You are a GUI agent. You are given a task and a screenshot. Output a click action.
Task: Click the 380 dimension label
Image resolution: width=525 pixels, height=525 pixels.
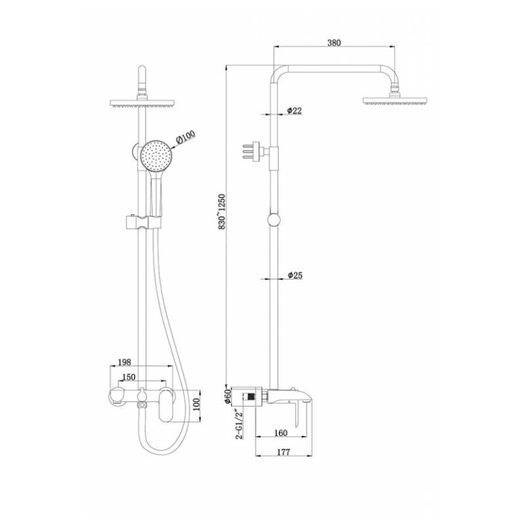(x=334, y=43)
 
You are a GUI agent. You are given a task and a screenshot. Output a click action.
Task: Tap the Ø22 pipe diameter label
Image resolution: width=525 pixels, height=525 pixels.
(x=294, y=110)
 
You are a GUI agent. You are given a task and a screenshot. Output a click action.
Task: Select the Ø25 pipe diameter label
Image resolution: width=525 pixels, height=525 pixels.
(x=295, y=275)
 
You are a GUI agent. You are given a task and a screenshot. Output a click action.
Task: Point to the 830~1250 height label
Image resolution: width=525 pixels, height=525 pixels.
(x=222, y=211)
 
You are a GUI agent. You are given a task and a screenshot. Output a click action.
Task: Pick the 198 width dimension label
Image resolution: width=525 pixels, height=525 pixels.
(x=125, y=362)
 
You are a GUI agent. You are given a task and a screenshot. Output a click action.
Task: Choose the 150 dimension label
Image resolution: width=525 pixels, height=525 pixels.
(x=129, y=377)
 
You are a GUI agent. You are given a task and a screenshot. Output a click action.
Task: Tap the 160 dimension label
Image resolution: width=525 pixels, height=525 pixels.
(x=281, y=433)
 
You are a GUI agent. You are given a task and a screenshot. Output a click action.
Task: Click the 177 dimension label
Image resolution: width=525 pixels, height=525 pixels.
(x=283, y=451)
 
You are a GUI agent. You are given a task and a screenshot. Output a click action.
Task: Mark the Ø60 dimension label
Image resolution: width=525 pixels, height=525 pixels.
(x=228, y=396)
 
